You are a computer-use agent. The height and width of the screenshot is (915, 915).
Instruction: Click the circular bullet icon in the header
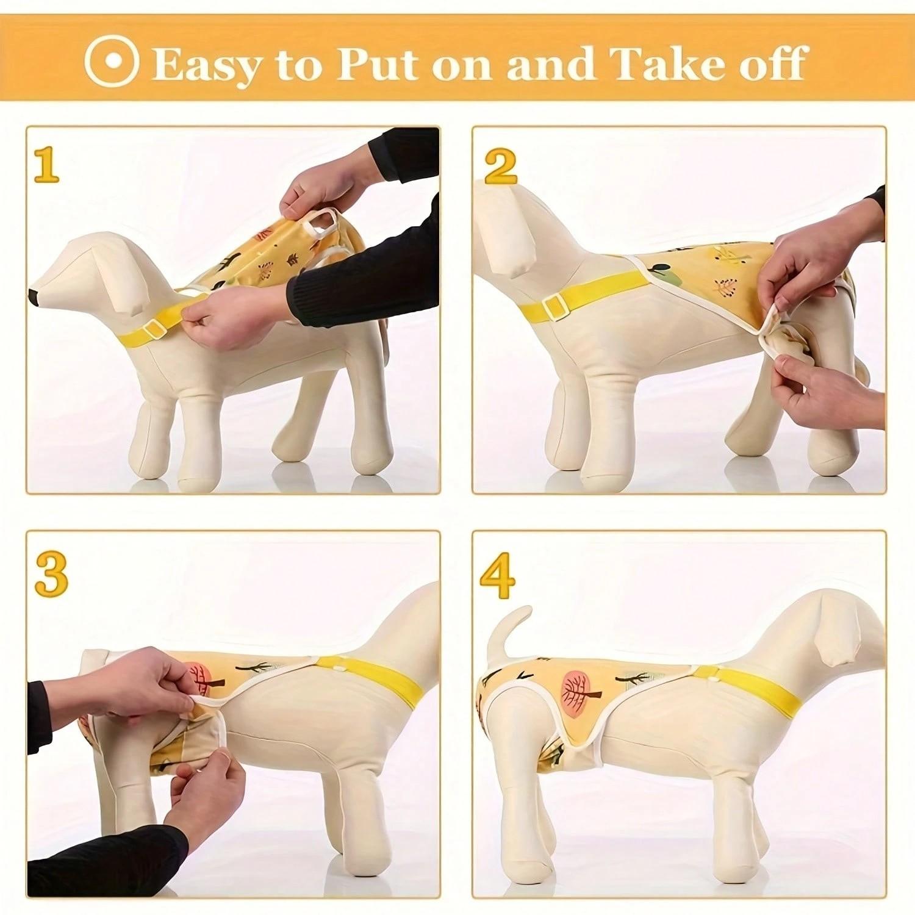[112, 62]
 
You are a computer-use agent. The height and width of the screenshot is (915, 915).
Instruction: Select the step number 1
[46, 166]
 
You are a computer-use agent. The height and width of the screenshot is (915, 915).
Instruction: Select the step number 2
[500, 166]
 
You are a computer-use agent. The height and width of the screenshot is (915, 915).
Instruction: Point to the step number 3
[51, 575]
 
